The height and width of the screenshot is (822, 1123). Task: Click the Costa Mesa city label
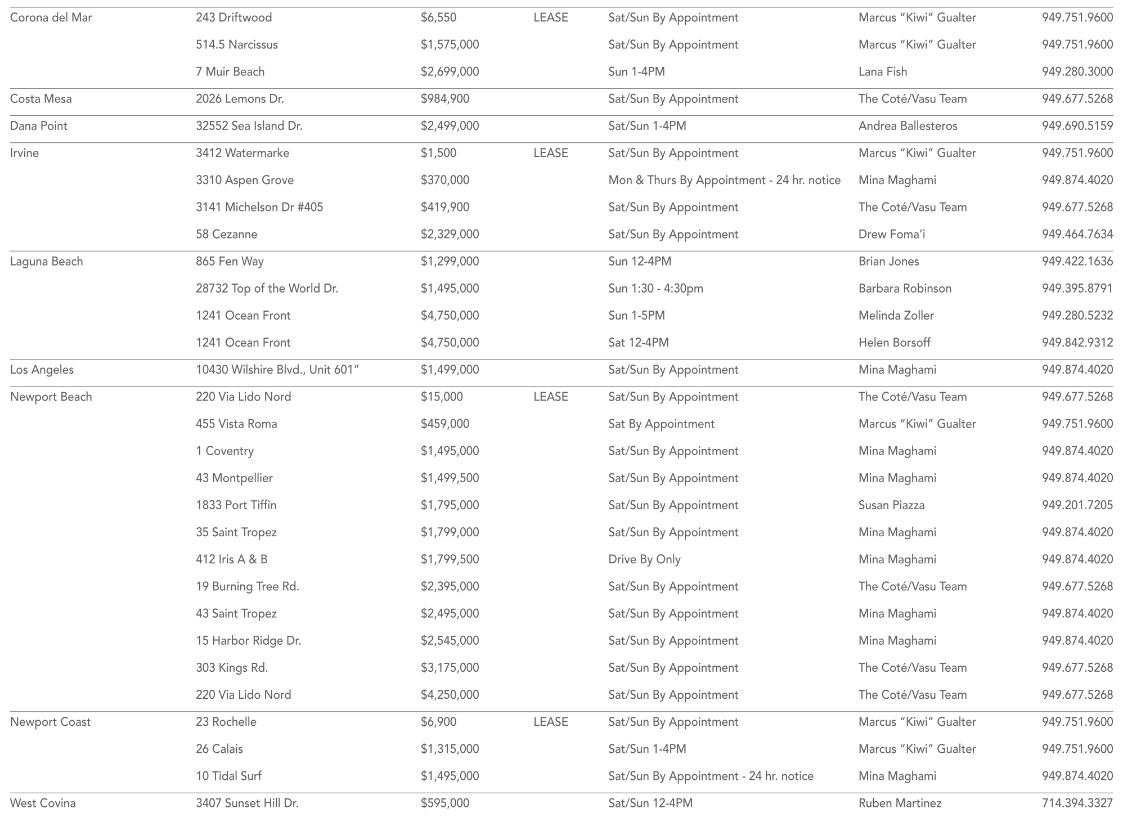click(41, 99)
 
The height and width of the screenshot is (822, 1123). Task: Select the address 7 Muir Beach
click(230, 72)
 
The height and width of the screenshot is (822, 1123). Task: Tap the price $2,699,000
click(450, 72)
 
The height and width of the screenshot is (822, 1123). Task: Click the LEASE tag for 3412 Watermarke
click(550, 153)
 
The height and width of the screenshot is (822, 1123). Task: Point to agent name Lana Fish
click(883, 72)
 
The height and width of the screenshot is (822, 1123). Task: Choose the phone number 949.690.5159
click(1077, 126)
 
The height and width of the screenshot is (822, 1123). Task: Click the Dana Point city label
click(39, 126)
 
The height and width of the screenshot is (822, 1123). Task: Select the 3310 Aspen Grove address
click(245, 180)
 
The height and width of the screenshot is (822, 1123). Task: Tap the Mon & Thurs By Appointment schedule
click(724, 180)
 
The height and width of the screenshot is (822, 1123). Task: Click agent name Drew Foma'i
click(891, 234)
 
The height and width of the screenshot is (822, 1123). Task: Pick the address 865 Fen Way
click(230, 262)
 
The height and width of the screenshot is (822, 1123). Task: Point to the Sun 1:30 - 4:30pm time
click(655, 289)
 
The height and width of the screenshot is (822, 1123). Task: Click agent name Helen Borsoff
click(894, 343)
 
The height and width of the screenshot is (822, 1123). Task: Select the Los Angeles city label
click(42, 370)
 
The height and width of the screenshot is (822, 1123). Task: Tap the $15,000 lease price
click(442, 397)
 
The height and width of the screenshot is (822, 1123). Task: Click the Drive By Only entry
click(644, 559)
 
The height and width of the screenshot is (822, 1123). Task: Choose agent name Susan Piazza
click(891, 505)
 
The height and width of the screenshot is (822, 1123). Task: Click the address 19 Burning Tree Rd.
click(248, 586)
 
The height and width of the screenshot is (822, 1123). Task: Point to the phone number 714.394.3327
click(1077, 803)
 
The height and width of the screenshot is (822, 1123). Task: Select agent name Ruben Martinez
click(900, 803)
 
